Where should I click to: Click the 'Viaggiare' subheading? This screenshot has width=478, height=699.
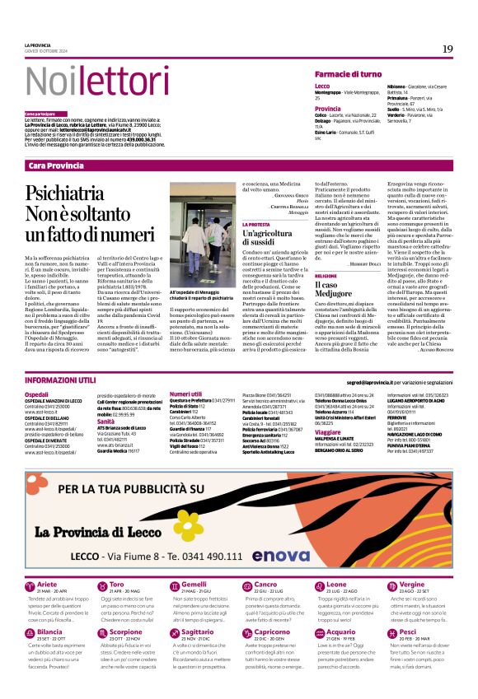pos(327,431)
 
